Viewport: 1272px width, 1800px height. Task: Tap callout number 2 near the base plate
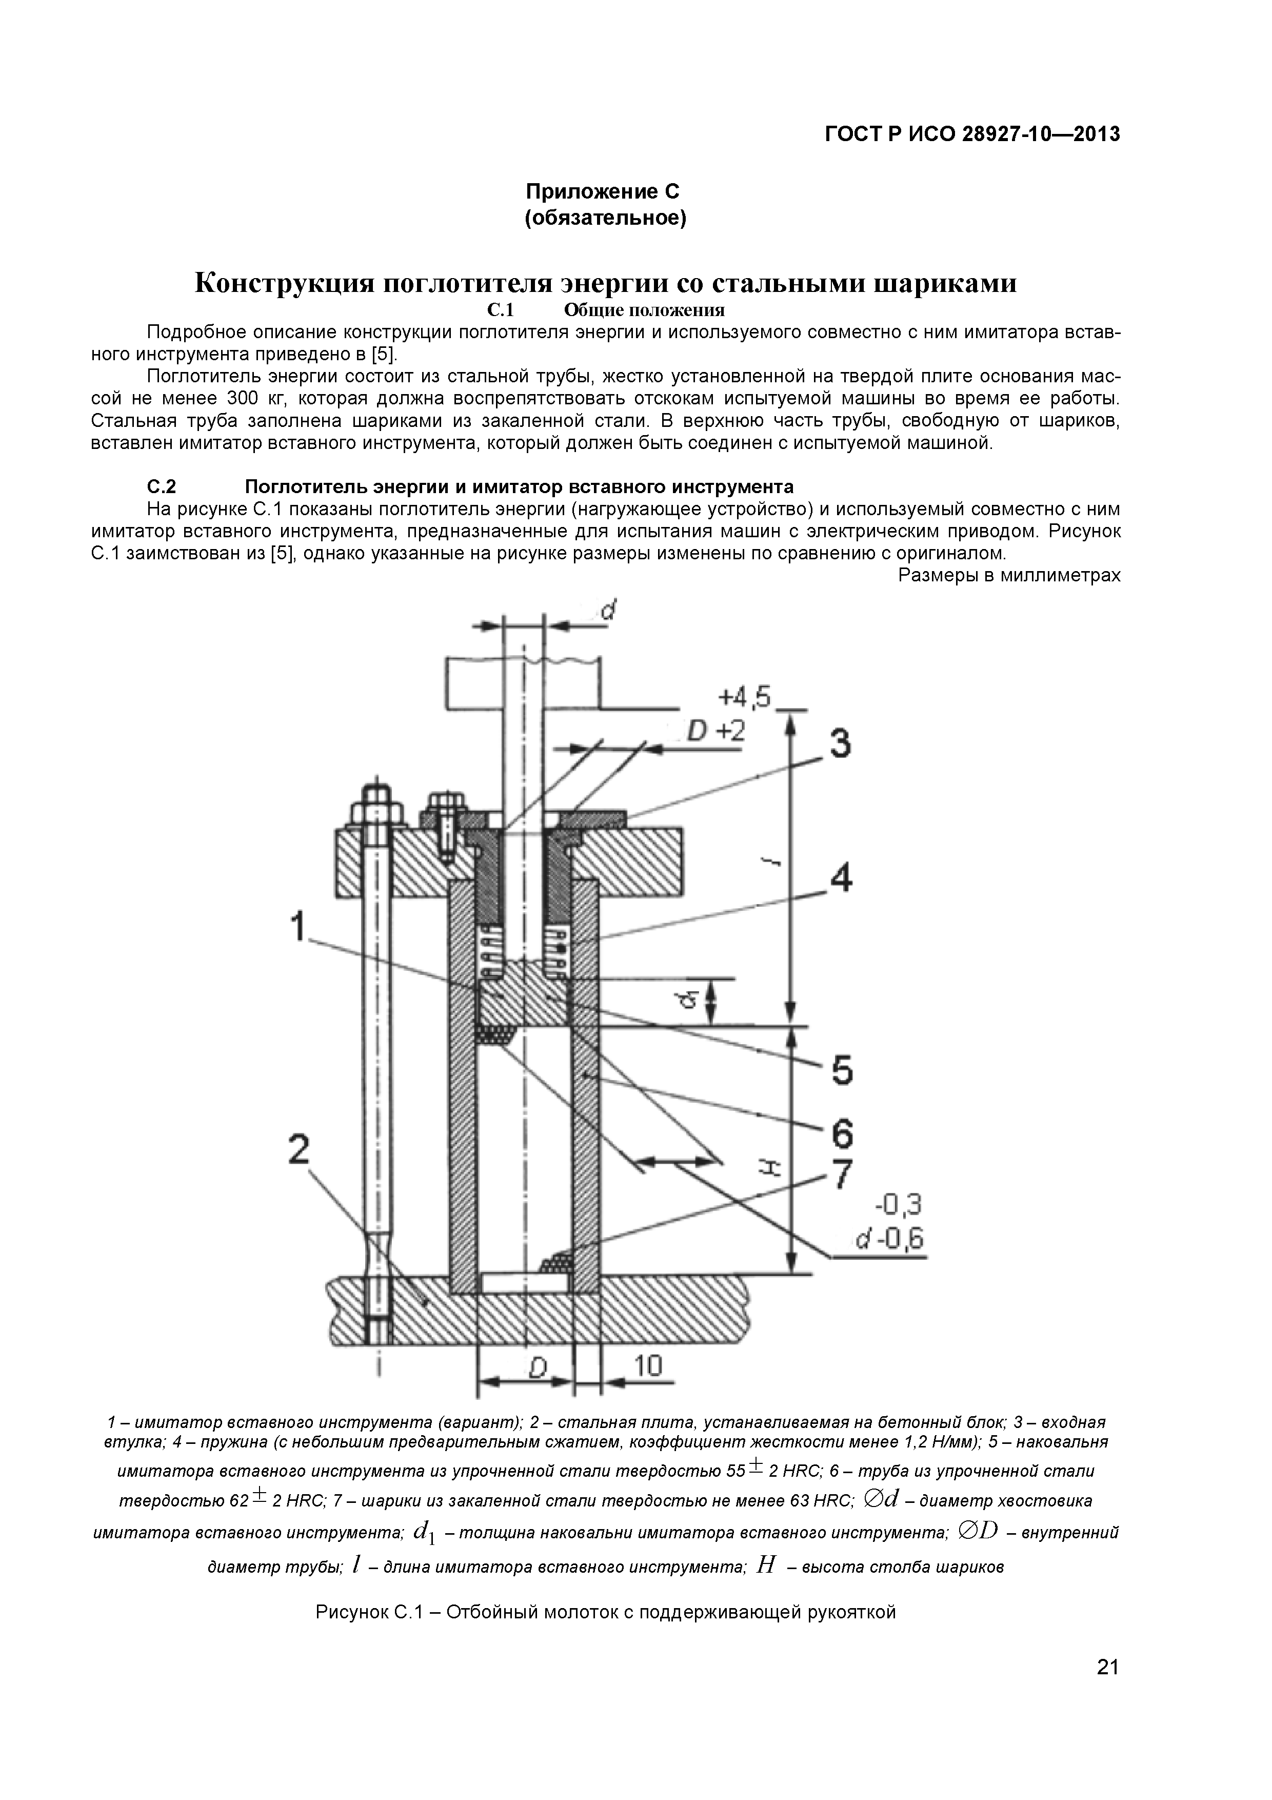(x=299, y=1150)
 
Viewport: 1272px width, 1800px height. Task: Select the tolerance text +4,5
(x=744, y=696)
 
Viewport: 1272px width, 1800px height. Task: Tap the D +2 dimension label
(x=715, y=731)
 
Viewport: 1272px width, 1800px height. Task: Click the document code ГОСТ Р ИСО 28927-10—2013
(x=972, y=134)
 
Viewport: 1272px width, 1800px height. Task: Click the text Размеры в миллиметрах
(x=1009, y=575)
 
